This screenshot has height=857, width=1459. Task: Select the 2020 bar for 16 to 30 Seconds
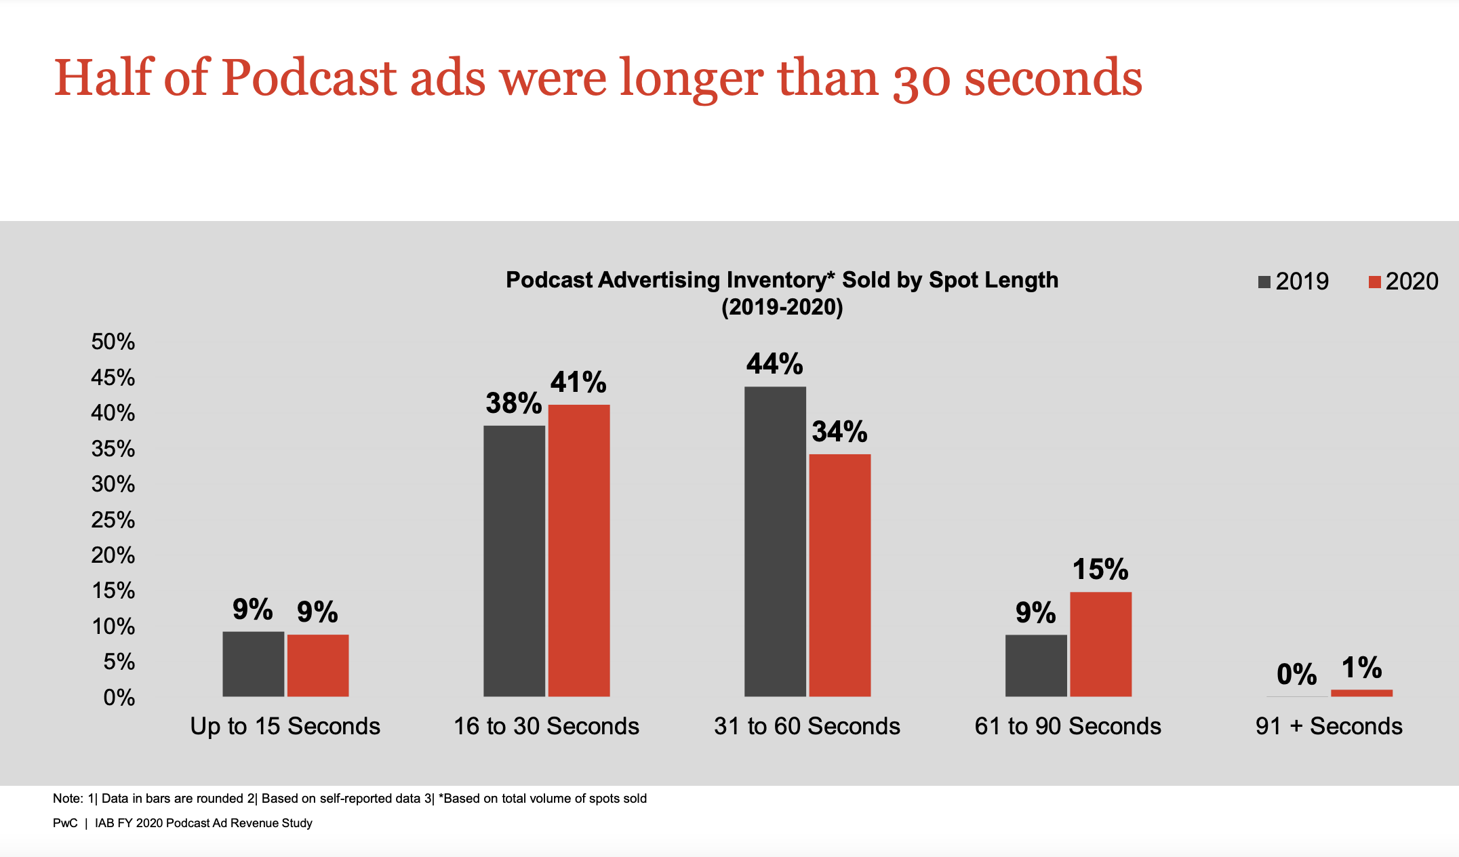click(x=579, y=551)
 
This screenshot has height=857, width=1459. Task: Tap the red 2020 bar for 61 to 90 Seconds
click(x=1100, y=644)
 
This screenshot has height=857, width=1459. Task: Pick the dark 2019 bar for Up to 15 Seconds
click(x=253, y=664)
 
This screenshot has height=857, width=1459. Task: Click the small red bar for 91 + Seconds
click(x=1361, y=693)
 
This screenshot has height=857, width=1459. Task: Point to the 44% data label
click(x=774, y=364)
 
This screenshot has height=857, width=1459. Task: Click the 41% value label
click(x=578, y=382)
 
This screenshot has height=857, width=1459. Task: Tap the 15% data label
click(x=1100, y=570)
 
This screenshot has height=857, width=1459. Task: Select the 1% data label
click(x=1361, y=668)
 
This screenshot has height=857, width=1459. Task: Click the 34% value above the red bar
click(x=839, y=432)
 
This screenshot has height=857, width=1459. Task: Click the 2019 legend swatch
click(x=1264, y=282)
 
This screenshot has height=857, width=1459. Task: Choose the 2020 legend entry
click(x=1403, y=281)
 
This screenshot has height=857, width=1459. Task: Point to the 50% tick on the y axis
click(x=113, y=342)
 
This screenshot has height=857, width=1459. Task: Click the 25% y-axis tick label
click(x=113, y=520)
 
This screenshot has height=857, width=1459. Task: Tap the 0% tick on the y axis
click(x=119, y=698)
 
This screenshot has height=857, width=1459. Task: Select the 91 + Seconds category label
click(x=1328, y=726)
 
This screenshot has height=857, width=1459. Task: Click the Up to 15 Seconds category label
click(x=285, y=726)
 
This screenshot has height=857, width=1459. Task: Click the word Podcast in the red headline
click(x=308, y=78)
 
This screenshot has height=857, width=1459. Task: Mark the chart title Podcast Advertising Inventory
click(x=782, y=280)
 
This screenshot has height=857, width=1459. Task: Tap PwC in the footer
click(x=65, y=823)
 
